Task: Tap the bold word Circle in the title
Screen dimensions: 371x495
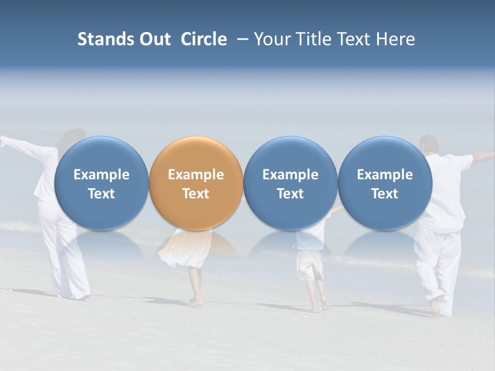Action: coord(204,39)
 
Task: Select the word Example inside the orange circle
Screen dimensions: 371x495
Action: coord(196,175)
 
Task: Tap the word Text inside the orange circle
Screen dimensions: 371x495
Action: coord(196,194)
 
